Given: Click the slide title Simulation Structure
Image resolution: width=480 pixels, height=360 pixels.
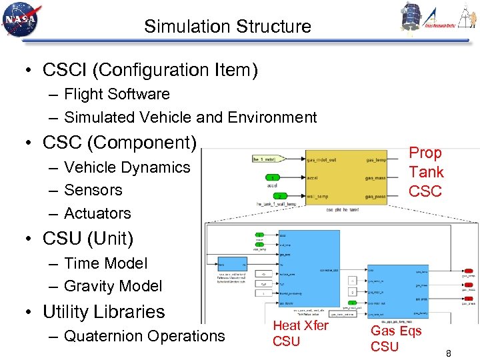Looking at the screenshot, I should tap(227, 27).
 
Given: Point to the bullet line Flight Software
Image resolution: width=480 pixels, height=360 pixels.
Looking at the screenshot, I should tap(117, 94).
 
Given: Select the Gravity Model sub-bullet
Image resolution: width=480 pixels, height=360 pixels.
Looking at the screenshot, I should tap(113, 286).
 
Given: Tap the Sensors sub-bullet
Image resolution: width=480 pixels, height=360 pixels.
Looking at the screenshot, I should tap(93, 190).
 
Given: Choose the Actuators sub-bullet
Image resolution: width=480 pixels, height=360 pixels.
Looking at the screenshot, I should tap(97, 213).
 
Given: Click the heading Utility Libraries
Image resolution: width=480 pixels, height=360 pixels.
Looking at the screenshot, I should tap(103, 311).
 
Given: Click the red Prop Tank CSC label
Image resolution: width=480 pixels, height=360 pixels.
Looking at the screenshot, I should tap(425, 172).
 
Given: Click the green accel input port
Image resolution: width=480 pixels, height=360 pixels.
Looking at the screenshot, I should tap(275, 177).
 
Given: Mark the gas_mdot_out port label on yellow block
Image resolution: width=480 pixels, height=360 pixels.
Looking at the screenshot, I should tap(322, 160).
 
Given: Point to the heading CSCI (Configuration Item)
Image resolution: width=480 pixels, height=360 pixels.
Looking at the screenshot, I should tap(150, 69).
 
